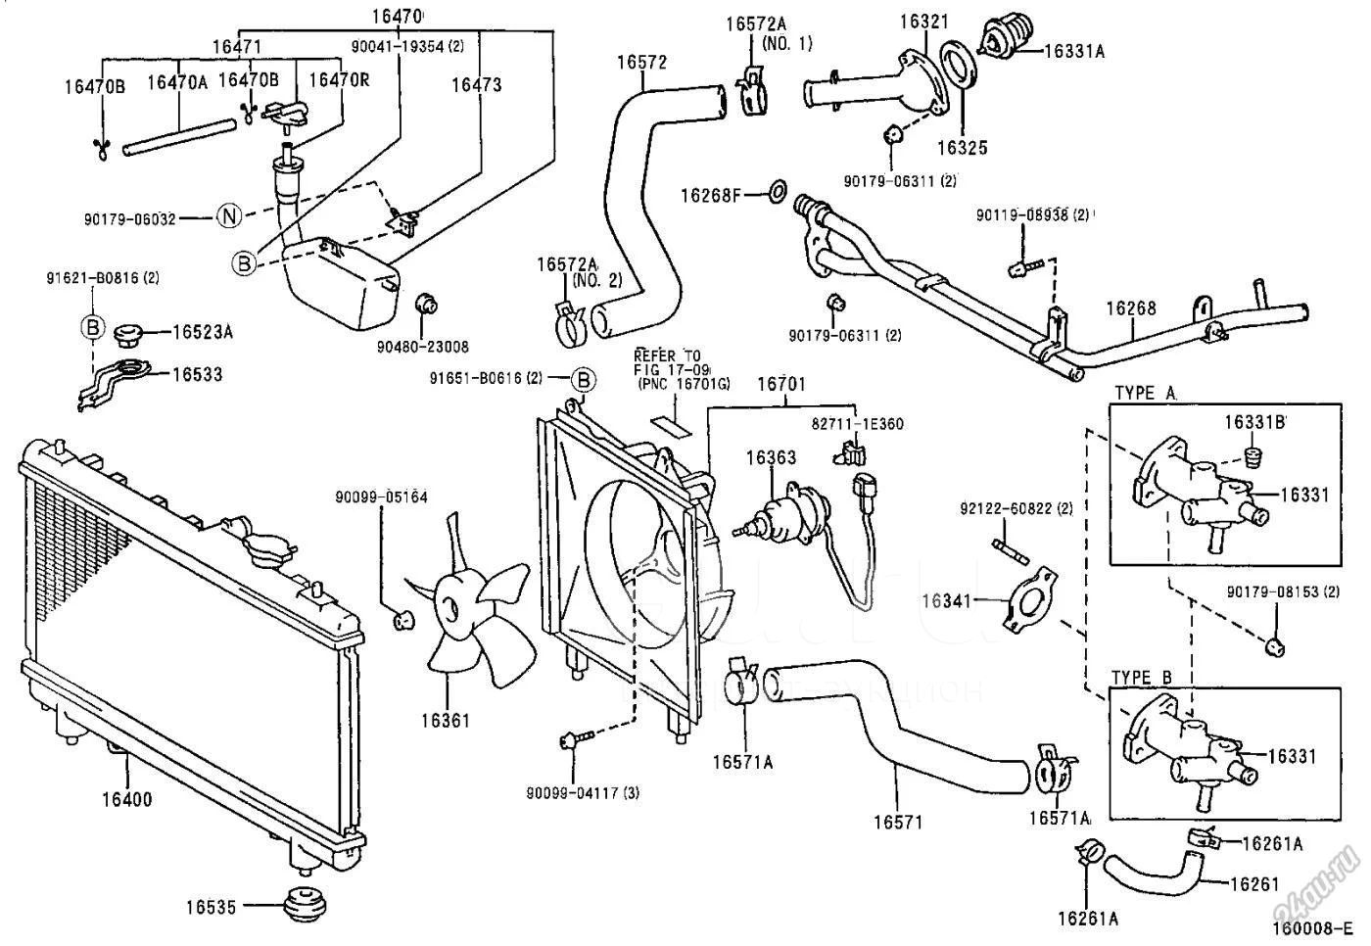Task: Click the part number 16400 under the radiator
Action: pyautogui.click(x=127, y=799)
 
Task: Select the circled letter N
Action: pyautogui.click(x=228, y=217)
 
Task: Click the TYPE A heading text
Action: pyautogui.click(x=1145, y=393)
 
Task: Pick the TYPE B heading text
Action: pyautogui.click(x=1142, y=678)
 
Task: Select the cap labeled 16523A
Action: pyautogui.click(x=127, y=336)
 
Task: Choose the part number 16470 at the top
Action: pyautogui.click(x=397, y=16)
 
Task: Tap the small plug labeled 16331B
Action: pyautogui.click(x=1251, y=457)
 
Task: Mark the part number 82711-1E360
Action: pyautogui.click(x=857, y=424)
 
